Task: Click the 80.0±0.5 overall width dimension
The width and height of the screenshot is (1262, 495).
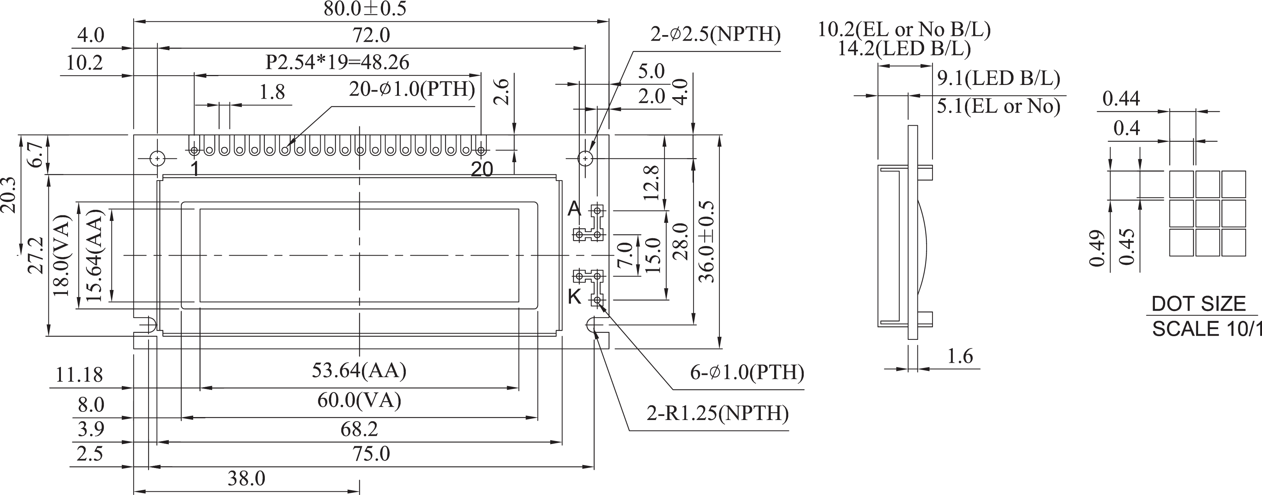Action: point(365,9)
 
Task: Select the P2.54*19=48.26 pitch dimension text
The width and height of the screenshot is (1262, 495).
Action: point(337,62)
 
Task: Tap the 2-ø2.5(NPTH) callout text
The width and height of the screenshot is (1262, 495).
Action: point(715,34)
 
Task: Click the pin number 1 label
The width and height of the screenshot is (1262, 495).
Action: point(195,169)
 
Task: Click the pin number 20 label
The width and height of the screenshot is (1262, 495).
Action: point(482,170)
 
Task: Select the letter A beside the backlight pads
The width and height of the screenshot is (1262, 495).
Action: point(574,209)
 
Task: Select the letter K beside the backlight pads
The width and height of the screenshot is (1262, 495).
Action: point(574,297)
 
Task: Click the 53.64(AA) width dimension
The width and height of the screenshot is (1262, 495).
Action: point(359,371)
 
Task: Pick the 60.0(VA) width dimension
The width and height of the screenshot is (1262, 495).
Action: point(359,400)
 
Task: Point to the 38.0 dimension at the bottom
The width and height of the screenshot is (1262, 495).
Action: point(246,478)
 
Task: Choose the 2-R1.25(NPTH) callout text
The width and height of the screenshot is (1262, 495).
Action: point(717,413)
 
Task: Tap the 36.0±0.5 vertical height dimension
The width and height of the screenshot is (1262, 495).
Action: point(707,241)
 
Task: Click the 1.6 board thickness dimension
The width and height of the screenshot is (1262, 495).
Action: point(959,356)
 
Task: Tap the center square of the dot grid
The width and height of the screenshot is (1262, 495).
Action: point(1207,214)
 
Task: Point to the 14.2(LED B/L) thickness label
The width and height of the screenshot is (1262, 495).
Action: point(904,48)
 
